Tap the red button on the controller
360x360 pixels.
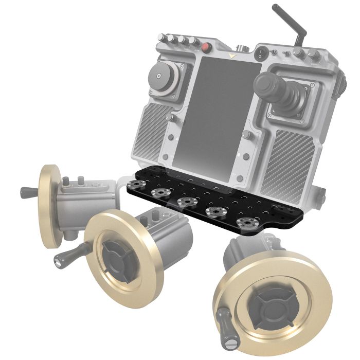point(207,48)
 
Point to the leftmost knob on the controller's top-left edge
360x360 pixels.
point(161,39)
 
